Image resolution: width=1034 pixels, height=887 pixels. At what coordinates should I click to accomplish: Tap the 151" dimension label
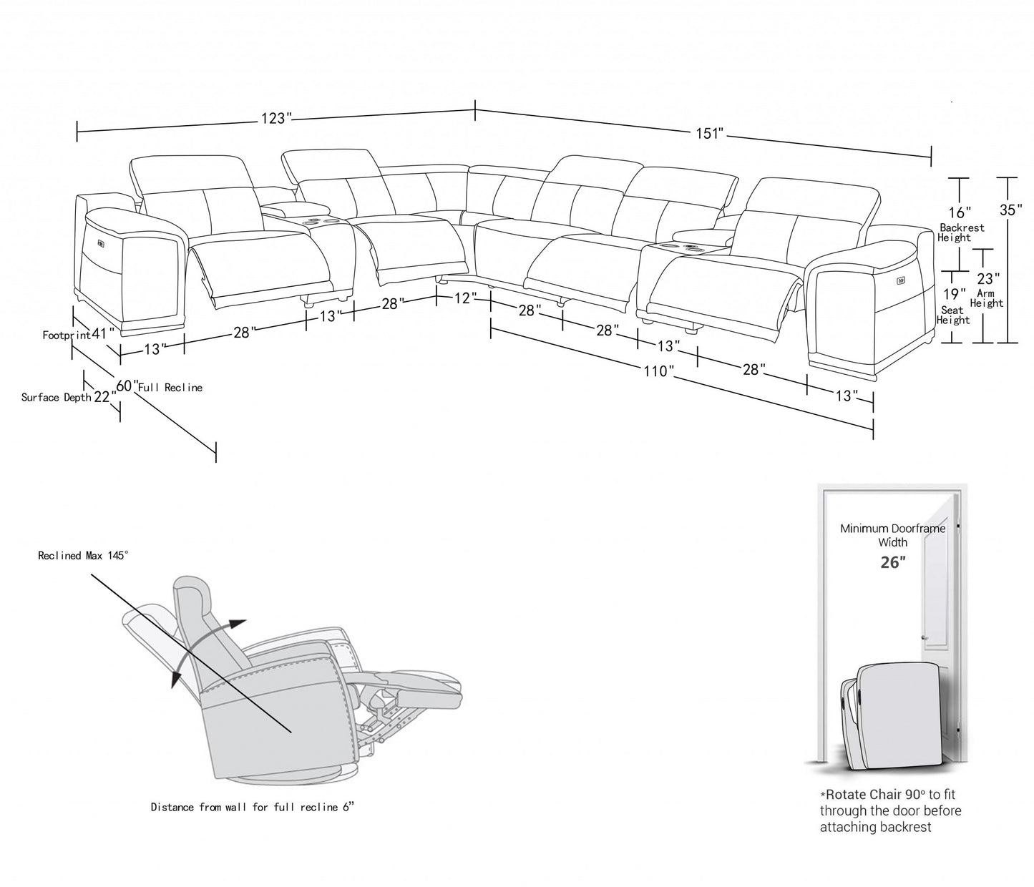[709, 134]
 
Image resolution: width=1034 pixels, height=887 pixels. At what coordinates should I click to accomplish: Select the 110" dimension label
[658, 371]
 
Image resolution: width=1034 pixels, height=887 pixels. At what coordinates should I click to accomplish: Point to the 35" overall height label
[1009, 210]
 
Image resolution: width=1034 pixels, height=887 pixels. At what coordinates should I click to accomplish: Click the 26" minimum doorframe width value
[892, 562]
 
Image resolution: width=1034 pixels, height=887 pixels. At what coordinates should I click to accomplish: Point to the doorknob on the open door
[925, 637]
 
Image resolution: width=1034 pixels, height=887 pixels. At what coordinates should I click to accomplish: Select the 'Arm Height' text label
[987, 298]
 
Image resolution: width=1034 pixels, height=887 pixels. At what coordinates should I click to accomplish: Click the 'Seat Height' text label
[953, 315]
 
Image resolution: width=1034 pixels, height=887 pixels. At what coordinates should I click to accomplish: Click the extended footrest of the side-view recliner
[415, 680]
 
